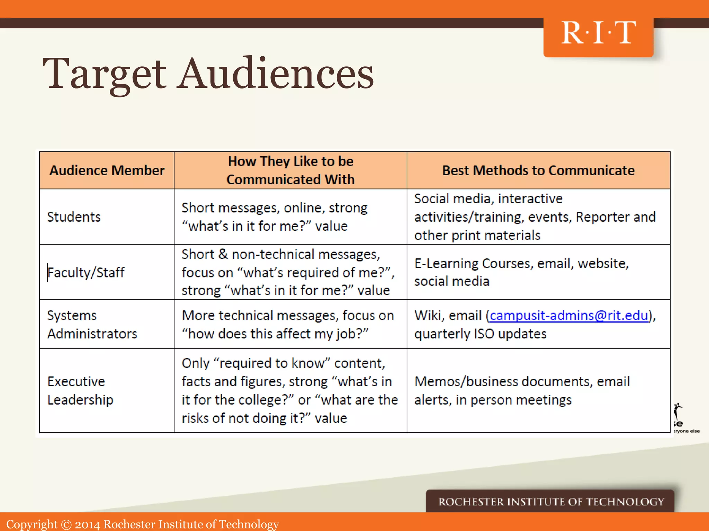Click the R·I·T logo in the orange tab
click(598, 33)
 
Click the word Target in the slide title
click(104, 74)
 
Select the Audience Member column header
click(107, 170)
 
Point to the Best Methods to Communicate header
click(538, 170)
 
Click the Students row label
click(74, 217)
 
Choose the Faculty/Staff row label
click(86, 272)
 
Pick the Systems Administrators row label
click(92, 325)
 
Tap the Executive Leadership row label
click(80, 391)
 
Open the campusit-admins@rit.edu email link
click(569, 316)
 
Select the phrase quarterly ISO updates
click(480, 334)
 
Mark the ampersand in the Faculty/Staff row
click(223, 254)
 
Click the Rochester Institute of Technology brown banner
click(550, 501)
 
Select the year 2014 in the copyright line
click(87, 524)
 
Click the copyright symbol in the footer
click(66, 524)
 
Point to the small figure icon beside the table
click(678, 411)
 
